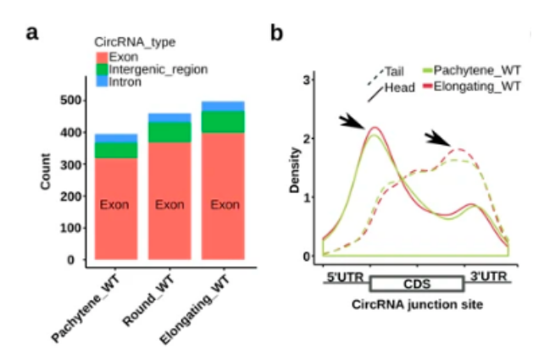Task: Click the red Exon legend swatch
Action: pos(100,56)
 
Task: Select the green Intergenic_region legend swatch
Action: pos(100,69)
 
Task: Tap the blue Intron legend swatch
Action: pos(100,81)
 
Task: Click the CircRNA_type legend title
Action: pos(135,42)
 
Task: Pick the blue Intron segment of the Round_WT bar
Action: pos(170,117)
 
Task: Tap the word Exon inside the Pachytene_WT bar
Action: pos(116,204)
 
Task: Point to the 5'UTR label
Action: pos(342,274)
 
